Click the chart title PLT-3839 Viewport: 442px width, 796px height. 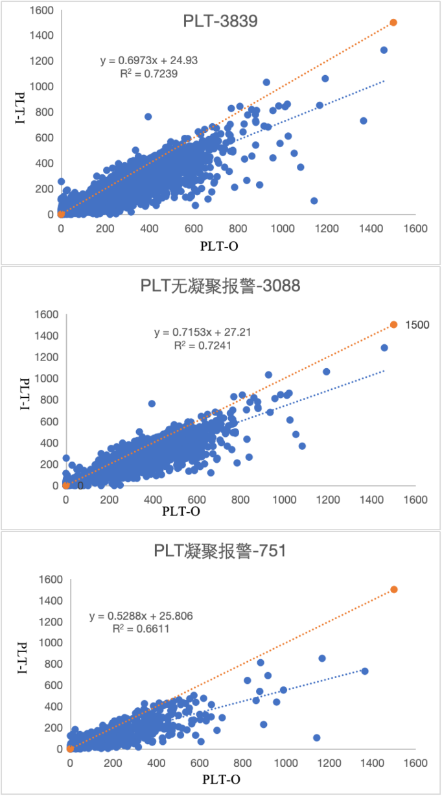[221, 22]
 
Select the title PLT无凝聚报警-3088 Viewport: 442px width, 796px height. [220, 285]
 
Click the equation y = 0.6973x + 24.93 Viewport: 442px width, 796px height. [149, 60]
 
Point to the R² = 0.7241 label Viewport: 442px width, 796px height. [203, 346]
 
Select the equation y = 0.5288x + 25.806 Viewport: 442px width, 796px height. [141, 615]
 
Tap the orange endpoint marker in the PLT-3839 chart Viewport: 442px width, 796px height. [393, 23]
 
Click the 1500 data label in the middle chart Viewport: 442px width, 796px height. [417, 325]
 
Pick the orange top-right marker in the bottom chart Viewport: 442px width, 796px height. [393, 589]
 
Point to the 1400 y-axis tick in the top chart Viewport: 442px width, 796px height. [41, 35]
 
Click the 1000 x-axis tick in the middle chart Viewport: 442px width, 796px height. [284, 500]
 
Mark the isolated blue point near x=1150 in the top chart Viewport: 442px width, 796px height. [314, 201]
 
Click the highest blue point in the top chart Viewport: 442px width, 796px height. [384, 50]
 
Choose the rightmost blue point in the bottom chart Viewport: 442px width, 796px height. [365, 671]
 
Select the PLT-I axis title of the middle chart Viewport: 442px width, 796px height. [25, 395]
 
